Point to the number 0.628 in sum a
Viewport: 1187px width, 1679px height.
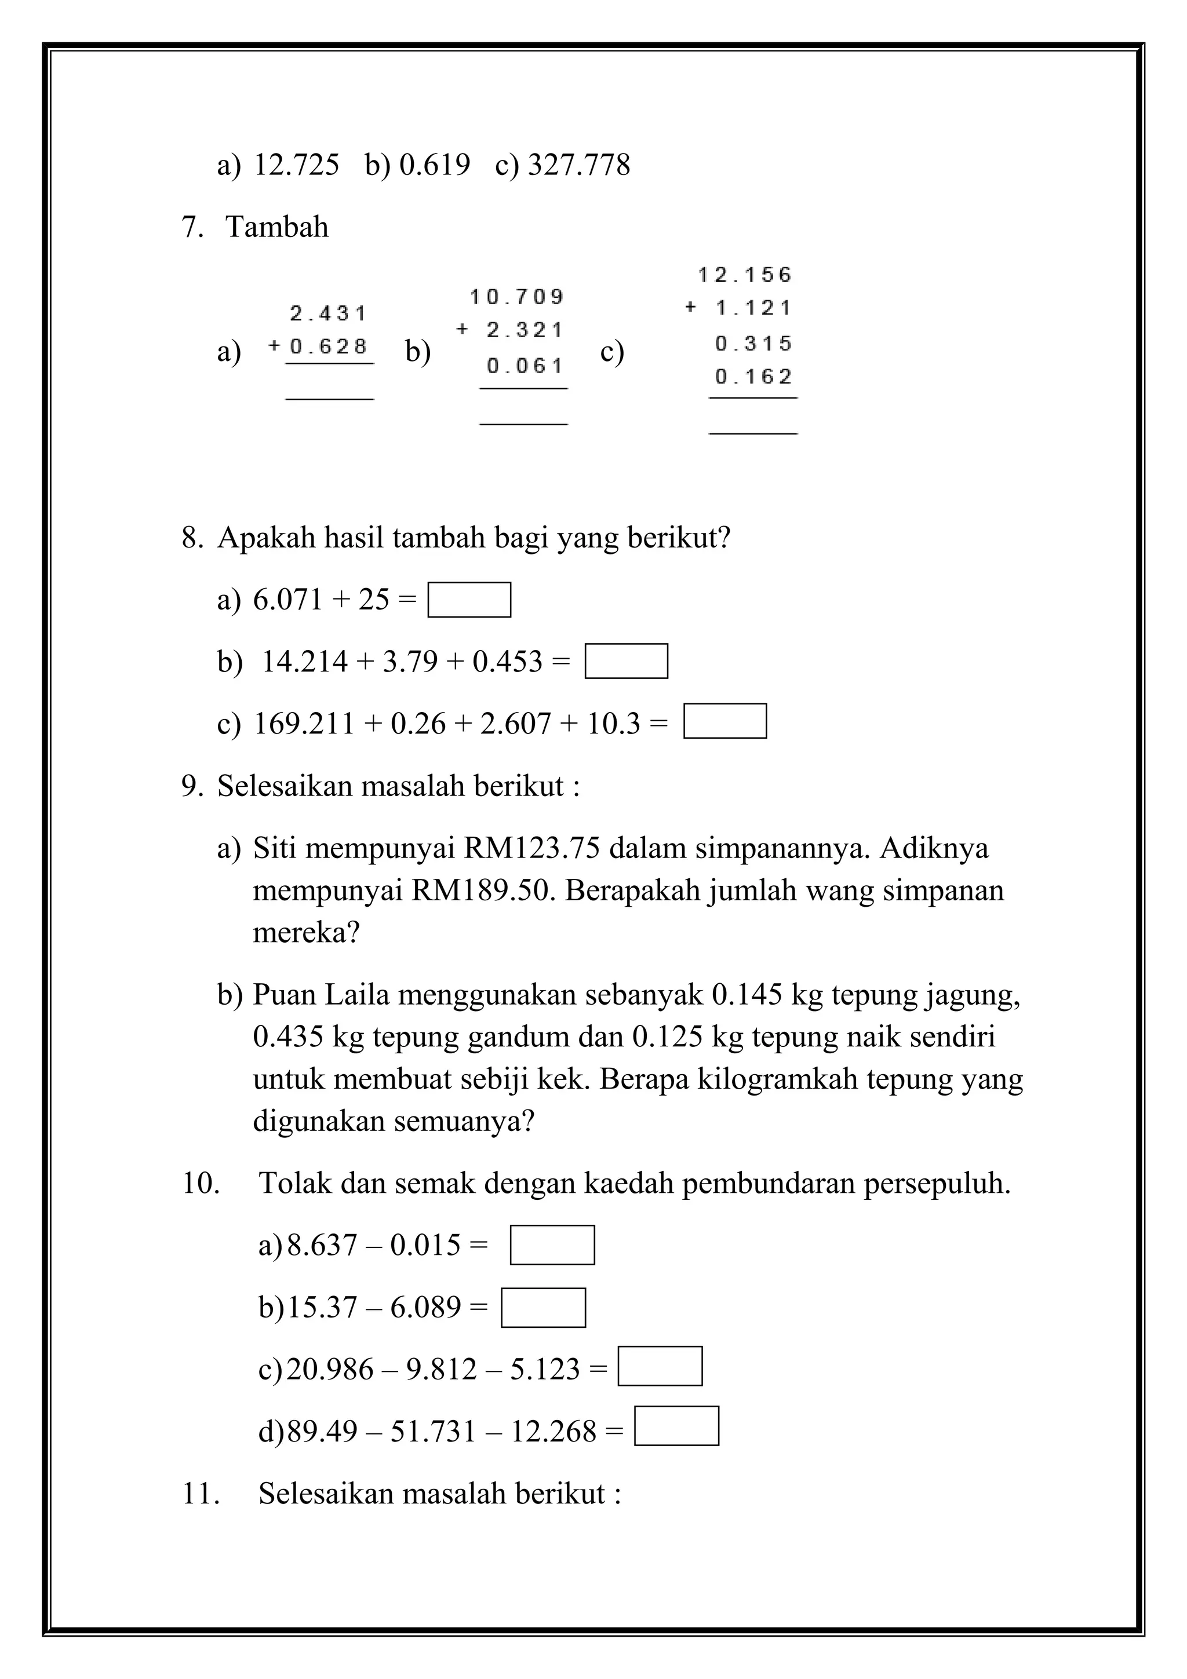coord(329,346)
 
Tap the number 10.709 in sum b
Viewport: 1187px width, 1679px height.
coord(517,297)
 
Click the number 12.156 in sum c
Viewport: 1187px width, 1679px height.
coord(745,275)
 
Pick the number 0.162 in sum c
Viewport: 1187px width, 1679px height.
coord(754,377)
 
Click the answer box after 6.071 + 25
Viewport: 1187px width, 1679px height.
coord(469,600)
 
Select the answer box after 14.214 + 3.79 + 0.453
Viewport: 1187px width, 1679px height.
coord(626,661)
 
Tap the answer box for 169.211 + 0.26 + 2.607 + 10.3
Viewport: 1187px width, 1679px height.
coord(725,721)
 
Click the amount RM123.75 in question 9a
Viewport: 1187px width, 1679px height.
coord(531,848)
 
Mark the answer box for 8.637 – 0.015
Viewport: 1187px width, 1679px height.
coord(552,1244)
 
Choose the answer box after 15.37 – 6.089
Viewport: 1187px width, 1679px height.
coord(544,1308)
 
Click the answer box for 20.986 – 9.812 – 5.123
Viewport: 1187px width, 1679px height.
coord(660,1366)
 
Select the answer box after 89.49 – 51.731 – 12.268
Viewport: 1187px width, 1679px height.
coord(676,1426)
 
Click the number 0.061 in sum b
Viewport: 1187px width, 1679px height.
coord(525,366)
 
